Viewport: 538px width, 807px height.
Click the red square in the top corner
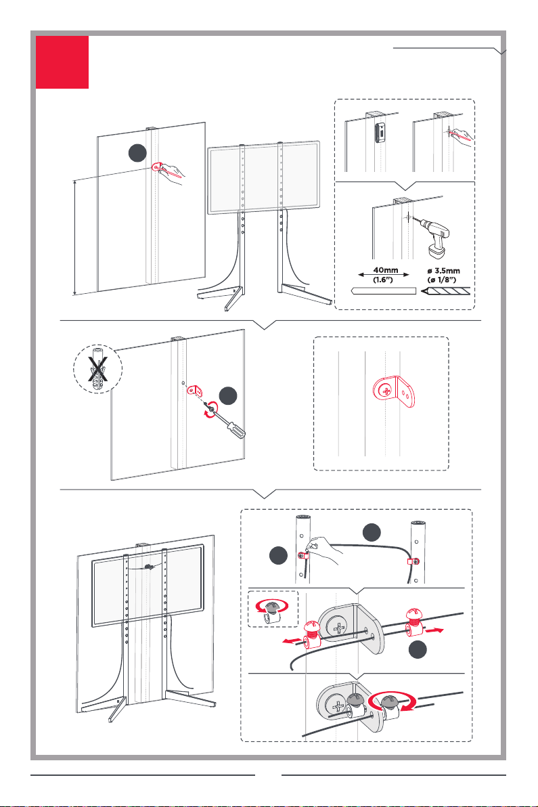point(62,62)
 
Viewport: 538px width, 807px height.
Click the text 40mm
point(386,270)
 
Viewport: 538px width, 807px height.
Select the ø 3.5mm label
point(444,271)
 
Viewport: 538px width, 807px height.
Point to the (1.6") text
point(383,280)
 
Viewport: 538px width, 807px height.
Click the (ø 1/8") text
point(442,280)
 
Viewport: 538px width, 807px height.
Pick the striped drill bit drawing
point(445,291)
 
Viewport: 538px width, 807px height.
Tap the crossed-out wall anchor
point(97,369)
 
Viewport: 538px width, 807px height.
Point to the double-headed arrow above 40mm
point(383,275)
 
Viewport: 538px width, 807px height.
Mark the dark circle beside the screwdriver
point(228,396)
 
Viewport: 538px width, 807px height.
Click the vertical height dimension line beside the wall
point(75,237)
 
